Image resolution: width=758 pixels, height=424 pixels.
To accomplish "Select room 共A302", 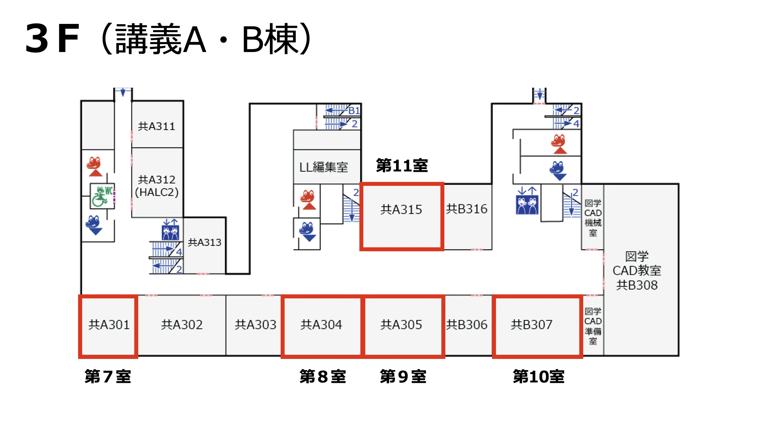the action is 182,325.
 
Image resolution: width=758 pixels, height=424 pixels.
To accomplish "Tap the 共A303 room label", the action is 255,325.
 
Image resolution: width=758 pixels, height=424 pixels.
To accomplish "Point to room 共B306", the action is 467,325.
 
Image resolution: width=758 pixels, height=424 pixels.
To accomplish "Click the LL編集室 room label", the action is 324,167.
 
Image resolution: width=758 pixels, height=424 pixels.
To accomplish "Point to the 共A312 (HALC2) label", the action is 157,186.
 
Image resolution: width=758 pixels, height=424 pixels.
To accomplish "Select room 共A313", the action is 205,242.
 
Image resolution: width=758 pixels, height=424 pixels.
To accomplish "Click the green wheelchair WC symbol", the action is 103,196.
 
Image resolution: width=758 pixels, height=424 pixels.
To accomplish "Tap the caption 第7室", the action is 108,376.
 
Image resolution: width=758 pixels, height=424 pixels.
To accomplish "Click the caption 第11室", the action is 402,165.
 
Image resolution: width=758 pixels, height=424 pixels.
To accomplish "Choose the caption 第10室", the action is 538,376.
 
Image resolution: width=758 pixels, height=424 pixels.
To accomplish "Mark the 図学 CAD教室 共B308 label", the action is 637,271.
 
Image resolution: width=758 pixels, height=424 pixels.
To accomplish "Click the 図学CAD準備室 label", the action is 593,326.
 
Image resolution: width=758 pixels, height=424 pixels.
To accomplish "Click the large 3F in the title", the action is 52,39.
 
